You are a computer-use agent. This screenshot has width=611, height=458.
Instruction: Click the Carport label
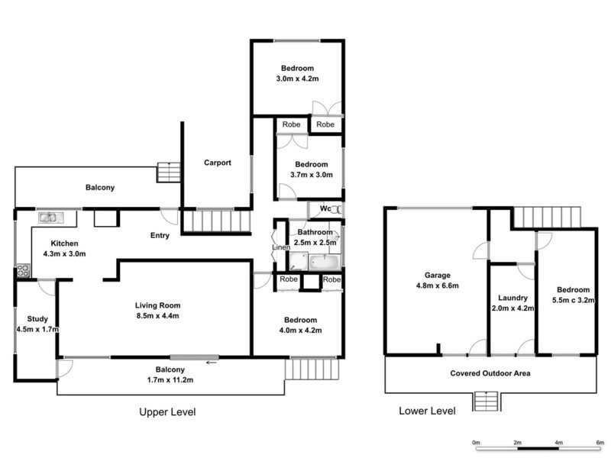click(217, 163)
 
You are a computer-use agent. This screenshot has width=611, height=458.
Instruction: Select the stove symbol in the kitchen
click(21, 270)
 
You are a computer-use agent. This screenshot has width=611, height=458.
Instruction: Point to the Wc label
click(325, 208)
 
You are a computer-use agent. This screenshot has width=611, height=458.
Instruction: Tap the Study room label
click(37, 319)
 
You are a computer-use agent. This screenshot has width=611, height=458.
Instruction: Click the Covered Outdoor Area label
click(490, 373)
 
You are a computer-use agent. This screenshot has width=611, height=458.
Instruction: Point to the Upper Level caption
click(167, 412)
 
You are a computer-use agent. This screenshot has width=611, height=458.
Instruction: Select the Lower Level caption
click(428, 411)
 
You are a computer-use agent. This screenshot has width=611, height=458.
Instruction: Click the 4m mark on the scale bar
click(559, 442)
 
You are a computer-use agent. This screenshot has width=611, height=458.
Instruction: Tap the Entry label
click(160, 235)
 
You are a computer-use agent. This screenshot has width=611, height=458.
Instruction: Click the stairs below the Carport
click(219, 223)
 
